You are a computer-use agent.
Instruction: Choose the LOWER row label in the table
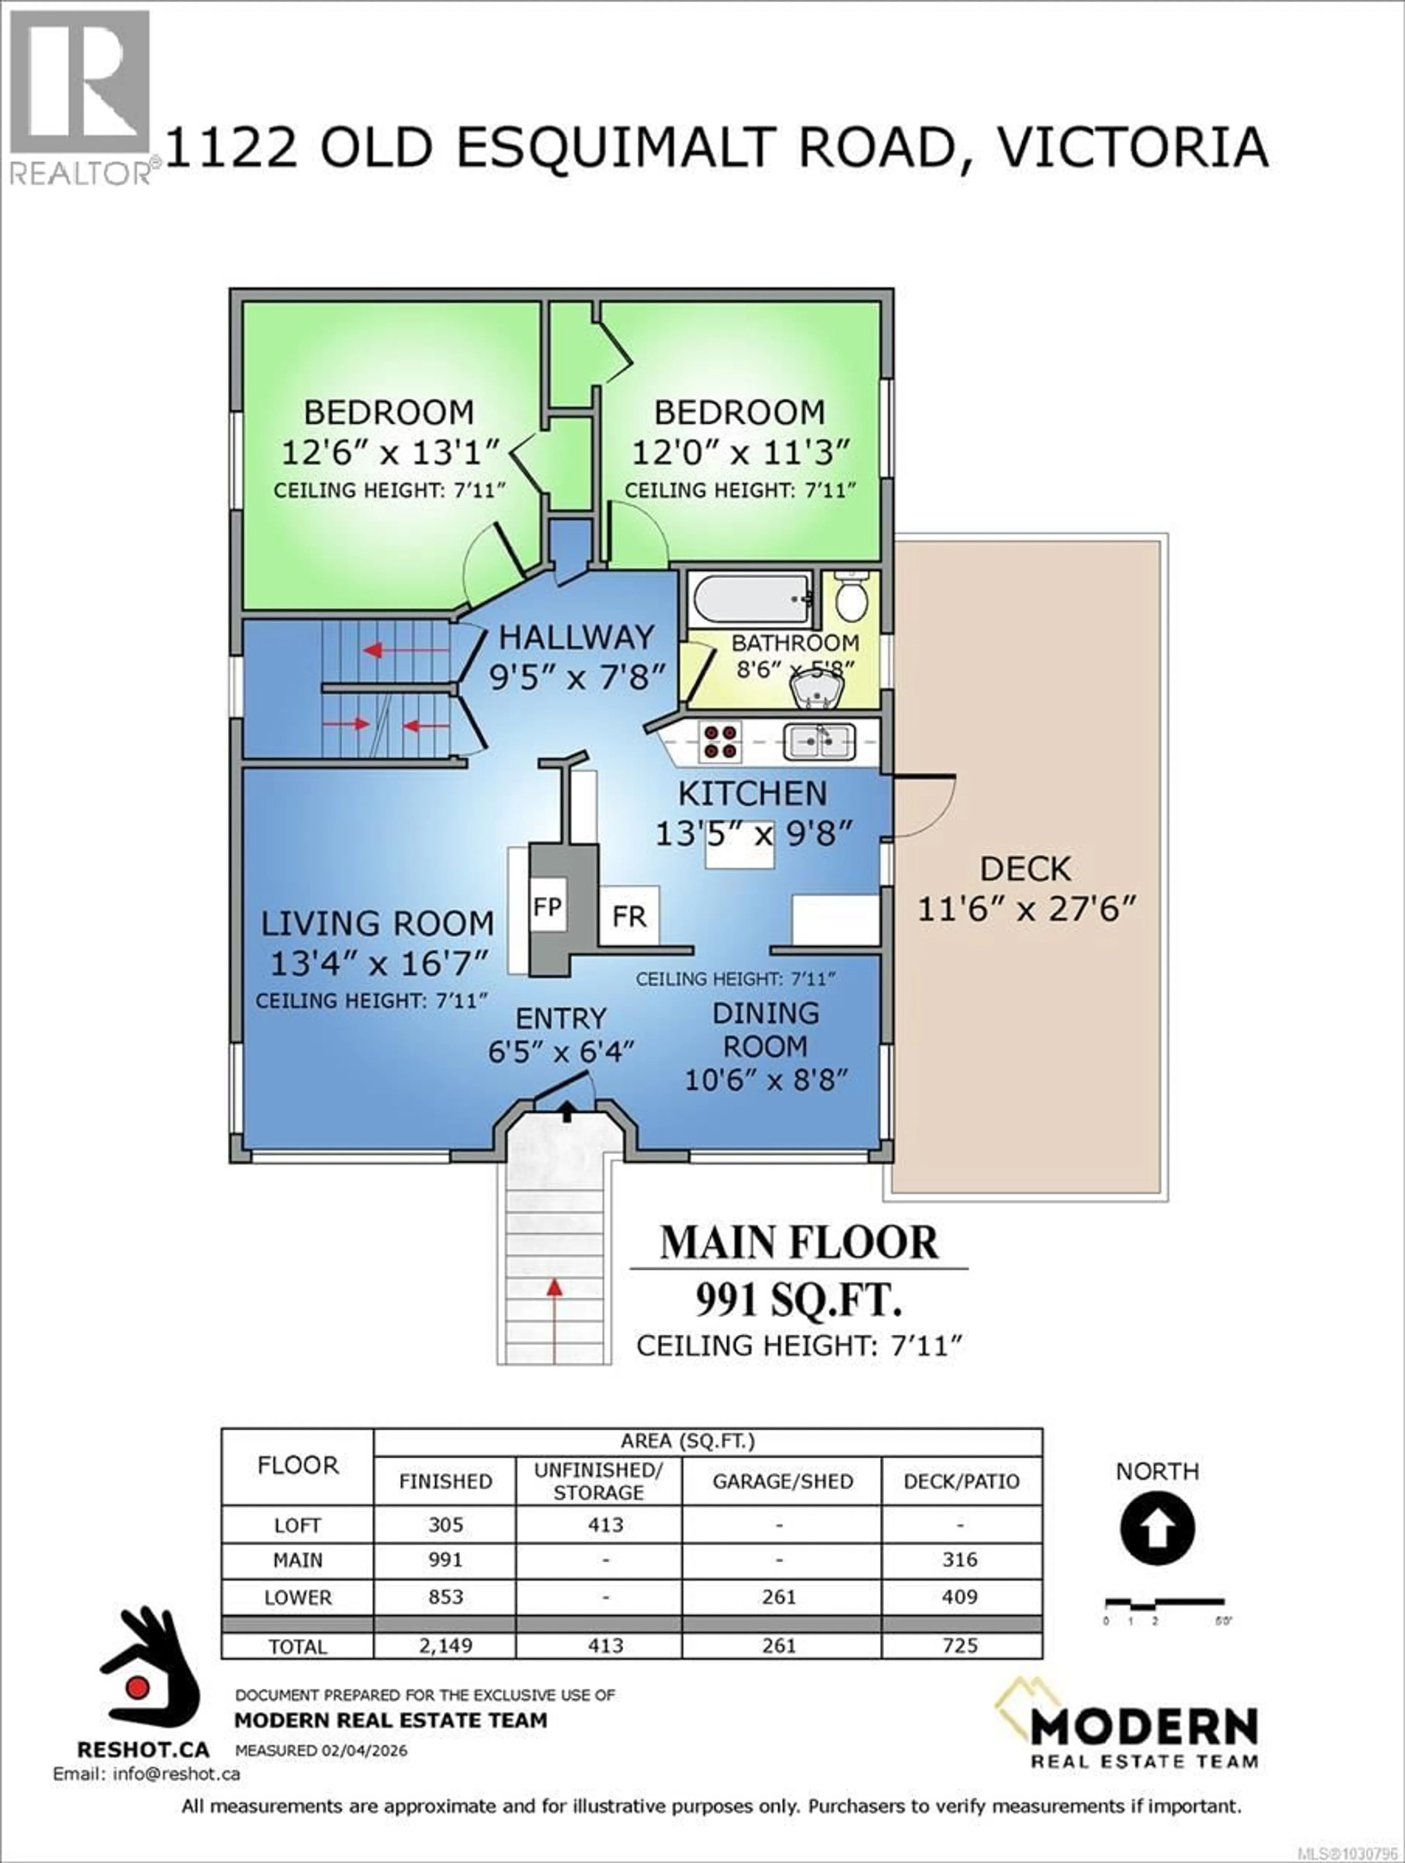click(x=297, y=1597)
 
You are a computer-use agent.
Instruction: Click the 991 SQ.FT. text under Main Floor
click(x=798, y=1301)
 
